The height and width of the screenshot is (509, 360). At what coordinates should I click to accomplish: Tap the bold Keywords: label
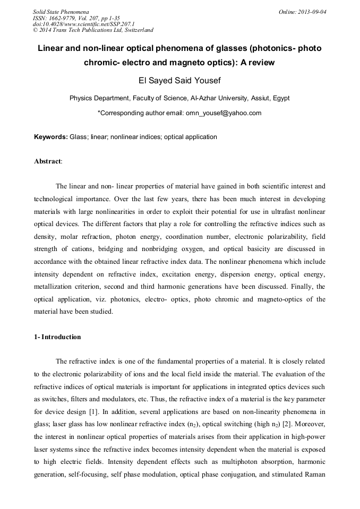tap(51, 137)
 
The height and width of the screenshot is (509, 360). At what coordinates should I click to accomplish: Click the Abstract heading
tap(48, 161)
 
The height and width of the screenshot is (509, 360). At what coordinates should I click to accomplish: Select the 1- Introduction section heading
tap(57, 337)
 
